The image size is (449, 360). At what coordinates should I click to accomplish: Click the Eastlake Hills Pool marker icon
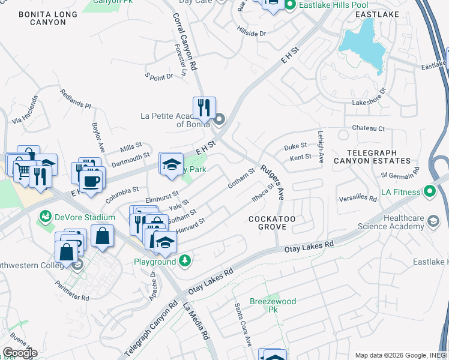click(x=290, y=6)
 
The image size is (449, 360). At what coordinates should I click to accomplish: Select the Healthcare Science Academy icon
click(x=432, y=223)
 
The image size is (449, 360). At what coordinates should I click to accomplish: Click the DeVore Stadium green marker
click(x=45, y=216)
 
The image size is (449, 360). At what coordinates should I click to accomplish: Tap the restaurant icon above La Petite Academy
click(x=204, y=108)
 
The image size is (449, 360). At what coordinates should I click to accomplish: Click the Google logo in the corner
click(x=19, y=353)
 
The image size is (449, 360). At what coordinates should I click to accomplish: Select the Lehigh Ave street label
click(x=321, y=147)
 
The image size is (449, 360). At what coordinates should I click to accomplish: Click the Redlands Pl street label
click(x=76, y=100)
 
